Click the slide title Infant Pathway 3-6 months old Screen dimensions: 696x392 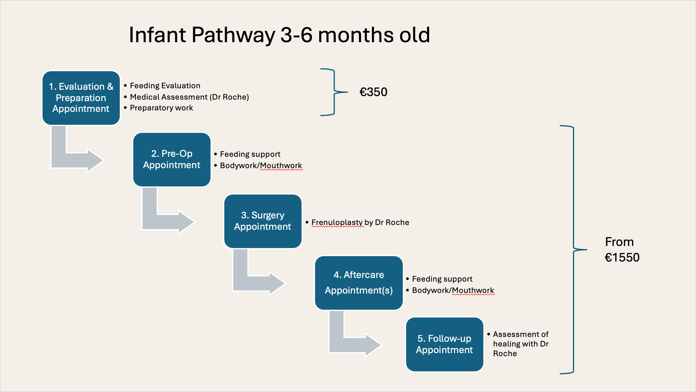(279, 35)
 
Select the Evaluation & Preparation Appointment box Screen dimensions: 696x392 (81, 98)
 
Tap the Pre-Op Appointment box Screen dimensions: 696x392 (172, 159)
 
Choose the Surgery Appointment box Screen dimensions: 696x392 (263, 221)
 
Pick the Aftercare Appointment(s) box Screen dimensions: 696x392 (359, 283)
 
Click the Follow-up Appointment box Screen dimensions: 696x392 (445, 344)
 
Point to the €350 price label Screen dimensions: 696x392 (373, 92)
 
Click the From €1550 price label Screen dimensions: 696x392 (622, 250)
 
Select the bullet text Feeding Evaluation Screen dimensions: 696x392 (165, 86)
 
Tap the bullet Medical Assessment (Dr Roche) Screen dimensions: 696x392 (189, 97)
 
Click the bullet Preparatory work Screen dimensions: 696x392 (161, 108)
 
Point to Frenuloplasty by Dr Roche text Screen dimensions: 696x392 (360, 222)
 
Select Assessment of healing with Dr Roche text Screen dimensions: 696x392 (521, 344)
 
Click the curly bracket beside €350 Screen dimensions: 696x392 (334, 92)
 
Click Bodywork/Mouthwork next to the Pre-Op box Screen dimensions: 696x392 (261, 165)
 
